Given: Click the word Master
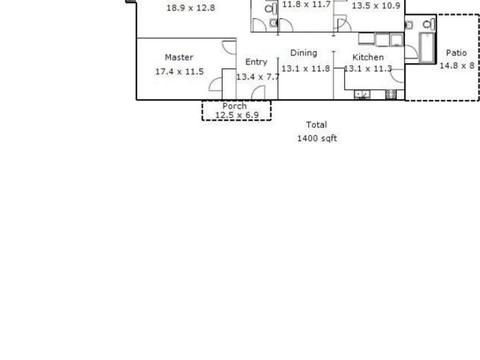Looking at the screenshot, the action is point(179,57).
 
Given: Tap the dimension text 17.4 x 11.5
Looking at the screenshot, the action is point(179,72).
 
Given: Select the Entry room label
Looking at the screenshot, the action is point(256,62).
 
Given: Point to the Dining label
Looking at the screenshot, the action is point(304,53).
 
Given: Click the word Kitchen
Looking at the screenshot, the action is point(368,57).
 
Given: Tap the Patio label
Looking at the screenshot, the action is point(457,52).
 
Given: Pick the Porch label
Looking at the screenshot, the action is point(235,106).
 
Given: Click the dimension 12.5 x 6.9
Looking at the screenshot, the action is point(237,115).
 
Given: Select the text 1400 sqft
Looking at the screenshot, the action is point(317,138).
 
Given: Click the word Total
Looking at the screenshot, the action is point(316,124).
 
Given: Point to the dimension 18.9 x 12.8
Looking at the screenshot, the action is point(190,8).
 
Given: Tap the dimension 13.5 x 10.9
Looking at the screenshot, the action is point(376,6).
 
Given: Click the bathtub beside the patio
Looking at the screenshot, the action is point(427,47).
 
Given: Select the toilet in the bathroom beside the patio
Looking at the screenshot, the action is point(428,24).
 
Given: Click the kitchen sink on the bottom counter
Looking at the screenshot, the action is point(361,94).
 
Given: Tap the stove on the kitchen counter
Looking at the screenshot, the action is point(391,94).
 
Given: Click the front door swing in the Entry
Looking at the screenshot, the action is point(258,92).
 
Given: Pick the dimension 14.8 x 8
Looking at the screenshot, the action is point(457,65).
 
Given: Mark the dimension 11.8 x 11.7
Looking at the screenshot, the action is point(306,4).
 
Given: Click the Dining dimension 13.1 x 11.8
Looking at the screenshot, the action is point(305,68).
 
